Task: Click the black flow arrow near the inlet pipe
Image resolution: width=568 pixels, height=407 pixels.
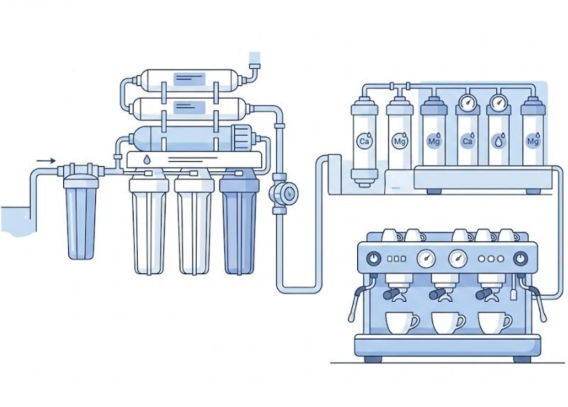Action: click(46, 161)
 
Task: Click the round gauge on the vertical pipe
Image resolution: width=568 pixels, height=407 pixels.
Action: click(289, 193)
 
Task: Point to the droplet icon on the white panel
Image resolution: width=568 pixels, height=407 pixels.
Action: click(147, 160)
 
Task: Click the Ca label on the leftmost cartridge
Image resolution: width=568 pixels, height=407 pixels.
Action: click(364, 141)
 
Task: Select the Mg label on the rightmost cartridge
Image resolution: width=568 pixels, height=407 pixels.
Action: click(532, 141)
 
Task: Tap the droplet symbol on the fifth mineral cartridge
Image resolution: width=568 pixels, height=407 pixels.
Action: click(499, 141)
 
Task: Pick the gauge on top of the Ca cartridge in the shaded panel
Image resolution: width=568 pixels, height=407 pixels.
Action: click(467, 102)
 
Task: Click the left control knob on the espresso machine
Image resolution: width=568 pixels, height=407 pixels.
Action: click(374, 259)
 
